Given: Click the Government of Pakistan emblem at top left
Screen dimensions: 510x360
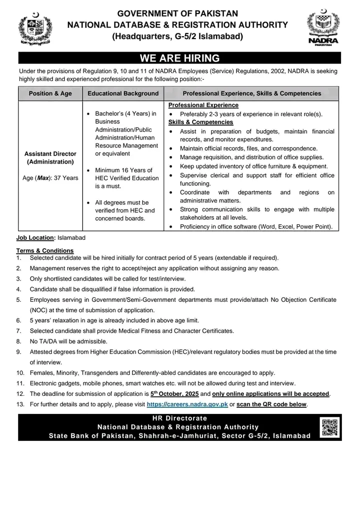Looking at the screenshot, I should tap(34, 30).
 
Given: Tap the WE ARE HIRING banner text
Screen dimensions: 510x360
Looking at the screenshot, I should tap(179, 59).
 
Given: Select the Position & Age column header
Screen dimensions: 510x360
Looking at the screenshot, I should tap(50, 94).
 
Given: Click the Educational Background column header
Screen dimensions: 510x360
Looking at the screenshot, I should tap(123, 94).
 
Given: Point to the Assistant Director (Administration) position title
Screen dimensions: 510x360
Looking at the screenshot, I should tap(50, 158).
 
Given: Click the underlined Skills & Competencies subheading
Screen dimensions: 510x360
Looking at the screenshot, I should tap(200, 122).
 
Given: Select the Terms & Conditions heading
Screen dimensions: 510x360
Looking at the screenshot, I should tap(45, 250).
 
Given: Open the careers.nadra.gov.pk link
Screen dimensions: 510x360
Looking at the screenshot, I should tap(187, 404).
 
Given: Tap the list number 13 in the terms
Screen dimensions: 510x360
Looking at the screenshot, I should tap(20, 404).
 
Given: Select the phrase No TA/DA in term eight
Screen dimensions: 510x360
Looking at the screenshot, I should tap(43, 341).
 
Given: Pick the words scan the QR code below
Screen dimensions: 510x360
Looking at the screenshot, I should tap(272, 404).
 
